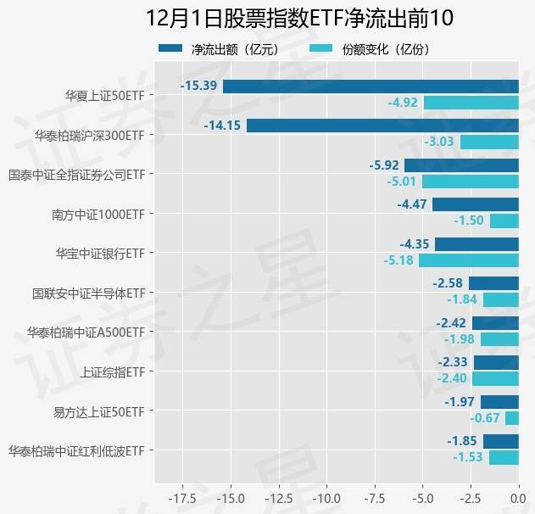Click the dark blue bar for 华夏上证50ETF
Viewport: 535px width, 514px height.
[371, 86]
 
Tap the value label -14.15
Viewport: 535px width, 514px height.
[223, 126]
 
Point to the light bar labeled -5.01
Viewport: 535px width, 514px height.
[470, 182]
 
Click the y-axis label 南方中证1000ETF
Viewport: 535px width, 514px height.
[98, 214]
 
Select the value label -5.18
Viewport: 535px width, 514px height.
[398, 260]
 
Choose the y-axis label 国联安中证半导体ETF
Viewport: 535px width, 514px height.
[88, 293]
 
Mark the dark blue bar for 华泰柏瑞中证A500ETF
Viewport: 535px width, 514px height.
[495, 323]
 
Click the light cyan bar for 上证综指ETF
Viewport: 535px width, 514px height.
[495, 379]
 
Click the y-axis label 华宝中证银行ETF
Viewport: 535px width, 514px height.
[99, 253]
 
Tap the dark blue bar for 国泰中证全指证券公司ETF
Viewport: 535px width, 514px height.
[461, 165]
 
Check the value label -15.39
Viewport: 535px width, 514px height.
[199, 86]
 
